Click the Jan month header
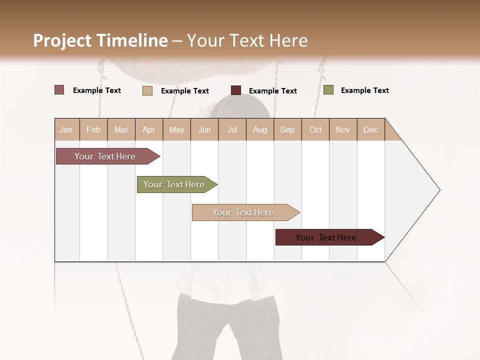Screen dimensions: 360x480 point(66,129)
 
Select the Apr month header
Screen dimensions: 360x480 point(149,129)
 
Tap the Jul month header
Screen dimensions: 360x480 point(232,129)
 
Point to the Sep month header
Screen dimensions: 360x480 point(287,129)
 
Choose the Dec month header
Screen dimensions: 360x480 point(371,129)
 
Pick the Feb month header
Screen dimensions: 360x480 point(93,129)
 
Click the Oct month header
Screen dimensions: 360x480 point(315,129)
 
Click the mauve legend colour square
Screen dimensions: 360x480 point(59,90)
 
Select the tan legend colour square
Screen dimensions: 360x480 point(147,90)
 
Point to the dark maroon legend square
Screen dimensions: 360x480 point(236,90)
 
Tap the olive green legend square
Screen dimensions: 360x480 point(328,90)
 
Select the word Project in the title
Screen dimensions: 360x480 point(62,40)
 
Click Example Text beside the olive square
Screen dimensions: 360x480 point(364,90)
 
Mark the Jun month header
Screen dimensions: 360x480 point(204,129)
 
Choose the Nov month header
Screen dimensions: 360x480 point(343,129)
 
